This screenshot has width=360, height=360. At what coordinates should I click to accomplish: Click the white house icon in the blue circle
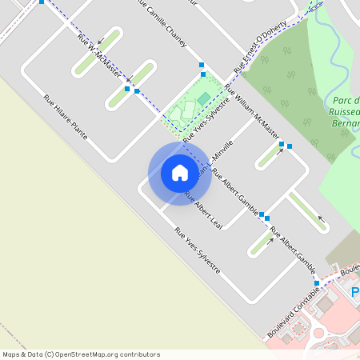point(180,172)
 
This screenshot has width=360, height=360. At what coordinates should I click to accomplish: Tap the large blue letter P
point(355,293)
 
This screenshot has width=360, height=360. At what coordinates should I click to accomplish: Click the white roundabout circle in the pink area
point(319,332)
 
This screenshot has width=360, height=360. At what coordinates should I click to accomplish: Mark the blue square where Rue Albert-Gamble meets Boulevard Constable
point(317,283)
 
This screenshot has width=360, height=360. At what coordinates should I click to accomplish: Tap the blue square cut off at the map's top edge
point(42,2)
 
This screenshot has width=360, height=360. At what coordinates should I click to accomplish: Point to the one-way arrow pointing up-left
point(322,217)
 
